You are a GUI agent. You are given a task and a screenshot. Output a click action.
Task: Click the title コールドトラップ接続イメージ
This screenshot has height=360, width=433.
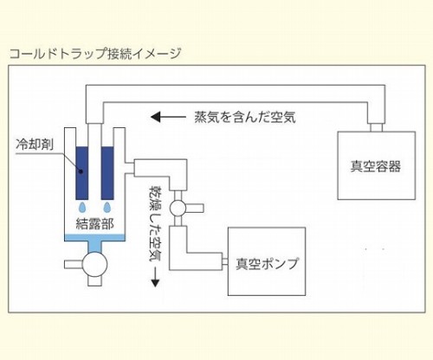point(95,54)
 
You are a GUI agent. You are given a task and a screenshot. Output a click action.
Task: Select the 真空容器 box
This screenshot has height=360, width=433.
point(377,165)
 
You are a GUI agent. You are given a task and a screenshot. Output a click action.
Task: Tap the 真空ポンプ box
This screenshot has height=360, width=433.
point(267,261)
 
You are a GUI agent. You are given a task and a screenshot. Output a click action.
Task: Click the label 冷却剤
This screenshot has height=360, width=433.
point(35,145)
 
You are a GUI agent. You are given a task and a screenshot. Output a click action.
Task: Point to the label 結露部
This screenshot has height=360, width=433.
point(95,223)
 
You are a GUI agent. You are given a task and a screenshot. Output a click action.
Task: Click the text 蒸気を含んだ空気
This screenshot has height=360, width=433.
point(245,117)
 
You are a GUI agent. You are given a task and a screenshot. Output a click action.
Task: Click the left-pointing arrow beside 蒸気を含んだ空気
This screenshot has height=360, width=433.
point(168,117)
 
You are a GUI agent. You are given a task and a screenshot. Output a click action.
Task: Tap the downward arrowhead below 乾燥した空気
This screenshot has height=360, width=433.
point(155,283)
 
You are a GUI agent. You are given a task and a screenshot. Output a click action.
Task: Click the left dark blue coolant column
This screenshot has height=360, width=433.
point(82,173)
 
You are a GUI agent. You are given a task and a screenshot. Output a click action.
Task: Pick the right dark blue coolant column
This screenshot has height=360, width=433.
point(107,173)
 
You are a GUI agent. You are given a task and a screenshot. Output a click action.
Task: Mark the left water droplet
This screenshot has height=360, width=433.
point(82,207)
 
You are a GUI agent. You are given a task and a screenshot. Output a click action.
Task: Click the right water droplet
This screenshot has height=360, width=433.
point(107,207)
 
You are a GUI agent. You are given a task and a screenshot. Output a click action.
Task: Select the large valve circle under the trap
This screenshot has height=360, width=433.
point(94,264)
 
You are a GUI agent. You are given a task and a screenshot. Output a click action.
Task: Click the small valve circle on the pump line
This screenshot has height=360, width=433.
point(178,209)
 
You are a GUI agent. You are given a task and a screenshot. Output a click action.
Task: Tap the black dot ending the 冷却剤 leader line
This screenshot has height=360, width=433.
point(81,171)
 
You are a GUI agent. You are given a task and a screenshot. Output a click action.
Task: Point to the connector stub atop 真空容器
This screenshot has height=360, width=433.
point(377,127)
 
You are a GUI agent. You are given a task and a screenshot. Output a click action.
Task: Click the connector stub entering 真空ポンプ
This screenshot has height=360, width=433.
point(225,261)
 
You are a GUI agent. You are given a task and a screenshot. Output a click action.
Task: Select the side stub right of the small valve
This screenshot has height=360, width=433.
point(195,209)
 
